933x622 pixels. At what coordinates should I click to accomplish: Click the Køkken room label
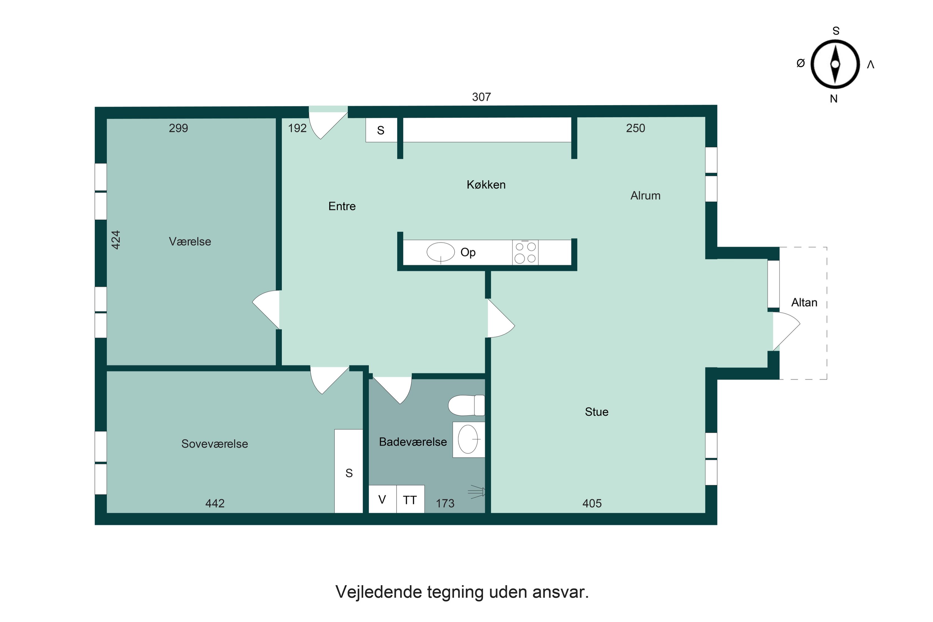[x=486, y=185]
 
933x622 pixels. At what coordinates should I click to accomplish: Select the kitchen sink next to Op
[x=440, y=252]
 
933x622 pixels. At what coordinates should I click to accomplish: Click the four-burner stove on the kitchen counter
[x=525, y=252]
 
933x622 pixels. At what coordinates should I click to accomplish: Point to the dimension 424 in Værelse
[x=115, y=240]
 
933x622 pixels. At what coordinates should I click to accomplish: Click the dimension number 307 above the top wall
[x=481, y=97]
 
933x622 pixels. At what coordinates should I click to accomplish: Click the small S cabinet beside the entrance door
[x=381, y=130]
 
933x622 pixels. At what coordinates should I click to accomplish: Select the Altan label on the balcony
[x=804, y=303]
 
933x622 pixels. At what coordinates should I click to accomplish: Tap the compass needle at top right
[x=835, y=64]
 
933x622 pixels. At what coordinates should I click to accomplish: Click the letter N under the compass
[x=833, y=99]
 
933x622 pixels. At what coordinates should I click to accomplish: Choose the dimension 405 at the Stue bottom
[x=592, y=503]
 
